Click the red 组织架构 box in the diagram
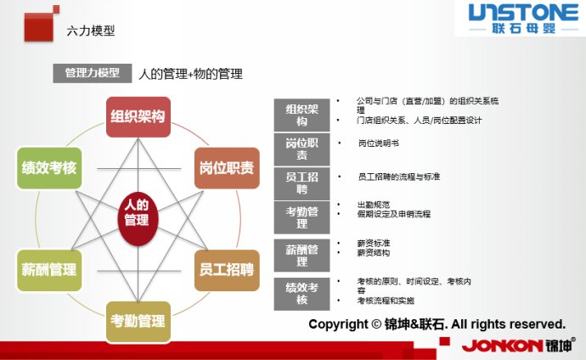(138, 116)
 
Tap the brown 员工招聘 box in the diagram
(226, 270)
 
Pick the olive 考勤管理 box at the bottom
(138, 322)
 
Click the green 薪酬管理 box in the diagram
(48, 270)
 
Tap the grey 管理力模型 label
(92, 74)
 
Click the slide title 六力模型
(90, 31)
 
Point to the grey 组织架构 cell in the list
(302, 115)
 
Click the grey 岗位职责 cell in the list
(302, 149)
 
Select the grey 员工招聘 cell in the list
(302, 183)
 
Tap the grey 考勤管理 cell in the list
(302, 217)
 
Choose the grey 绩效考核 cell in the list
(302, 293)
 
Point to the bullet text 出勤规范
(374, 205)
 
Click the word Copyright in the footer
(338, 324)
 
